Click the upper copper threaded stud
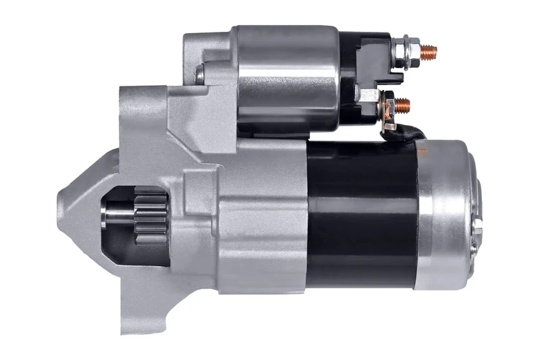click(427, 50)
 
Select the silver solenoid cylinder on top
click(287, 78)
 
